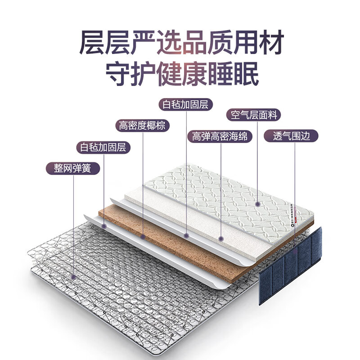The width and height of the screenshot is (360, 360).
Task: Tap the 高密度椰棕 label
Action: [142, 125]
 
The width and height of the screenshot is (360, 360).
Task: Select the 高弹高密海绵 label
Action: [220, 136]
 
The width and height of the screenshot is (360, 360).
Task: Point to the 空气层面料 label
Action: [253, 115]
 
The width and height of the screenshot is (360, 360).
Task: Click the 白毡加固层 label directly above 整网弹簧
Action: [103, 147]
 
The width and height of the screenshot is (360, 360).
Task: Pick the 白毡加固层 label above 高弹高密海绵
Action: [186, 105]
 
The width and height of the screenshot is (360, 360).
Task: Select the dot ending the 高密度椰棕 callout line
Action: [142, 235]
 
